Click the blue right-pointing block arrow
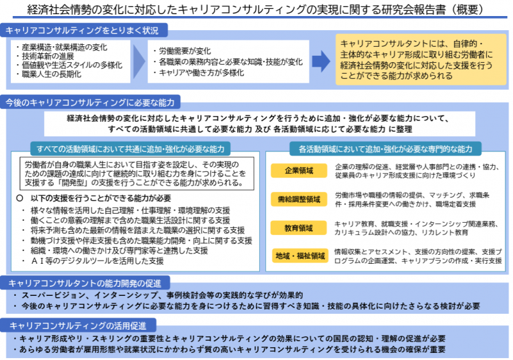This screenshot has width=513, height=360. tap(321, 61)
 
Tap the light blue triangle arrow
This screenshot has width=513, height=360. tap(139, 61)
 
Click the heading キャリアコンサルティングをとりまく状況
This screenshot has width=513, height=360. tap(83, 30)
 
